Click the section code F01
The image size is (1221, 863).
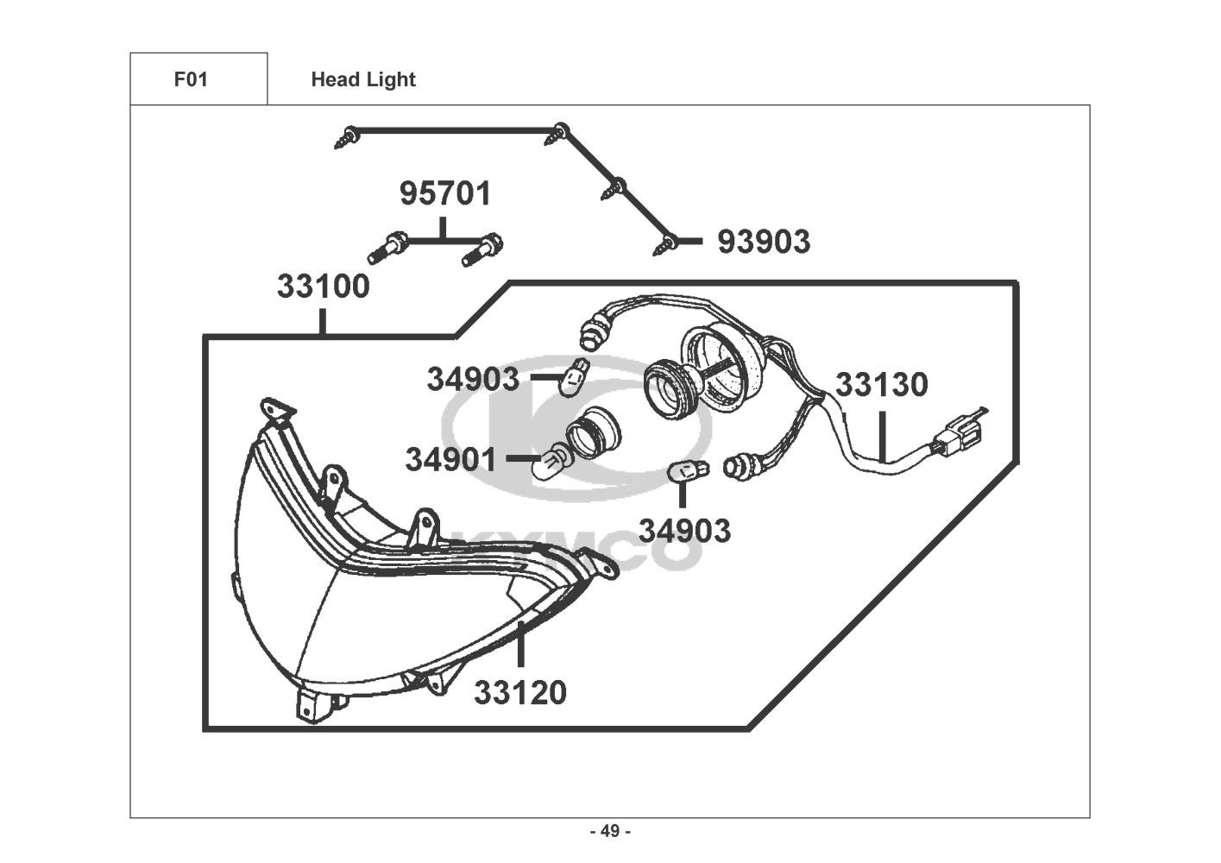pos(191,79)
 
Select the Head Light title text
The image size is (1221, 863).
pos(363,79)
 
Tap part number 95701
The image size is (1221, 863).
pos(444,194)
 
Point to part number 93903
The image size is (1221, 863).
pos(764,243)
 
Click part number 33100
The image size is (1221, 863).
pos(323,287)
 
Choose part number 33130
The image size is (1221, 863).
pos(881,385)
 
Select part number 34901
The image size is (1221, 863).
pos(451,460)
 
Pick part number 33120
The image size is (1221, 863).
pos(520,692)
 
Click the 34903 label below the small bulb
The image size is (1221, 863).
pos(684,531)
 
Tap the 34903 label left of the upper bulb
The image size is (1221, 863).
pos(474,379)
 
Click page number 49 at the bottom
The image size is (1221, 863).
pos(610,832)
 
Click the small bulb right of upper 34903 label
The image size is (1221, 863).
pos(570,379)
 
